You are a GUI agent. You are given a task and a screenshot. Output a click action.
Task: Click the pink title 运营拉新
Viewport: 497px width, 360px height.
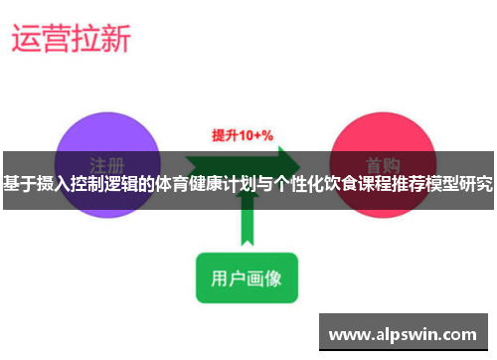click(70, 39)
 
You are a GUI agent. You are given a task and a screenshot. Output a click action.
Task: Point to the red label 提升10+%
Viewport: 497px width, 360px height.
click(243, 134)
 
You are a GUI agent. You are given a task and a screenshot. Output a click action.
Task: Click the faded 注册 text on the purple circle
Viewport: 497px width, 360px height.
click(106, 163)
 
